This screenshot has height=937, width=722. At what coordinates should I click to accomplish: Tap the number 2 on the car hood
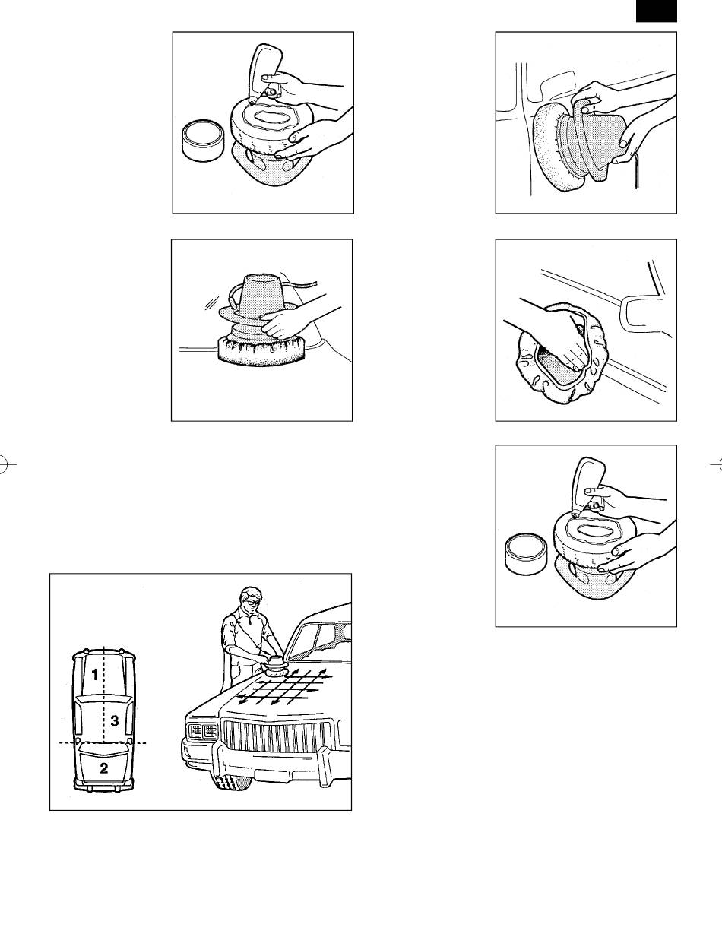104,768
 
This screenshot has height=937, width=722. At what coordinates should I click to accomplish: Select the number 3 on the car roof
114,720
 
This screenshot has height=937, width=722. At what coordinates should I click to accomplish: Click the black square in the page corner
656,11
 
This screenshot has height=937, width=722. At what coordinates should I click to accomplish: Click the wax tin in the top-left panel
202,141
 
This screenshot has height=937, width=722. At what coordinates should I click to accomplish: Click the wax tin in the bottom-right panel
525,554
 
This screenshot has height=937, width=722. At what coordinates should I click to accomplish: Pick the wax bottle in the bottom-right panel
586,487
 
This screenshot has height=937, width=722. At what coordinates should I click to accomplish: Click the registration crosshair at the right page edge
717,464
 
